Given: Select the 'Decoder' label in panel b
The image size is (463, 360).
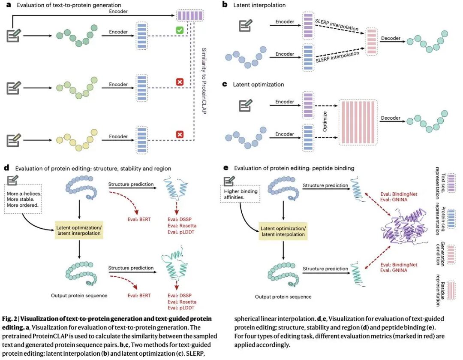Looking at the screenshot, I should pyautogui.click(x=390, y=38).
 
